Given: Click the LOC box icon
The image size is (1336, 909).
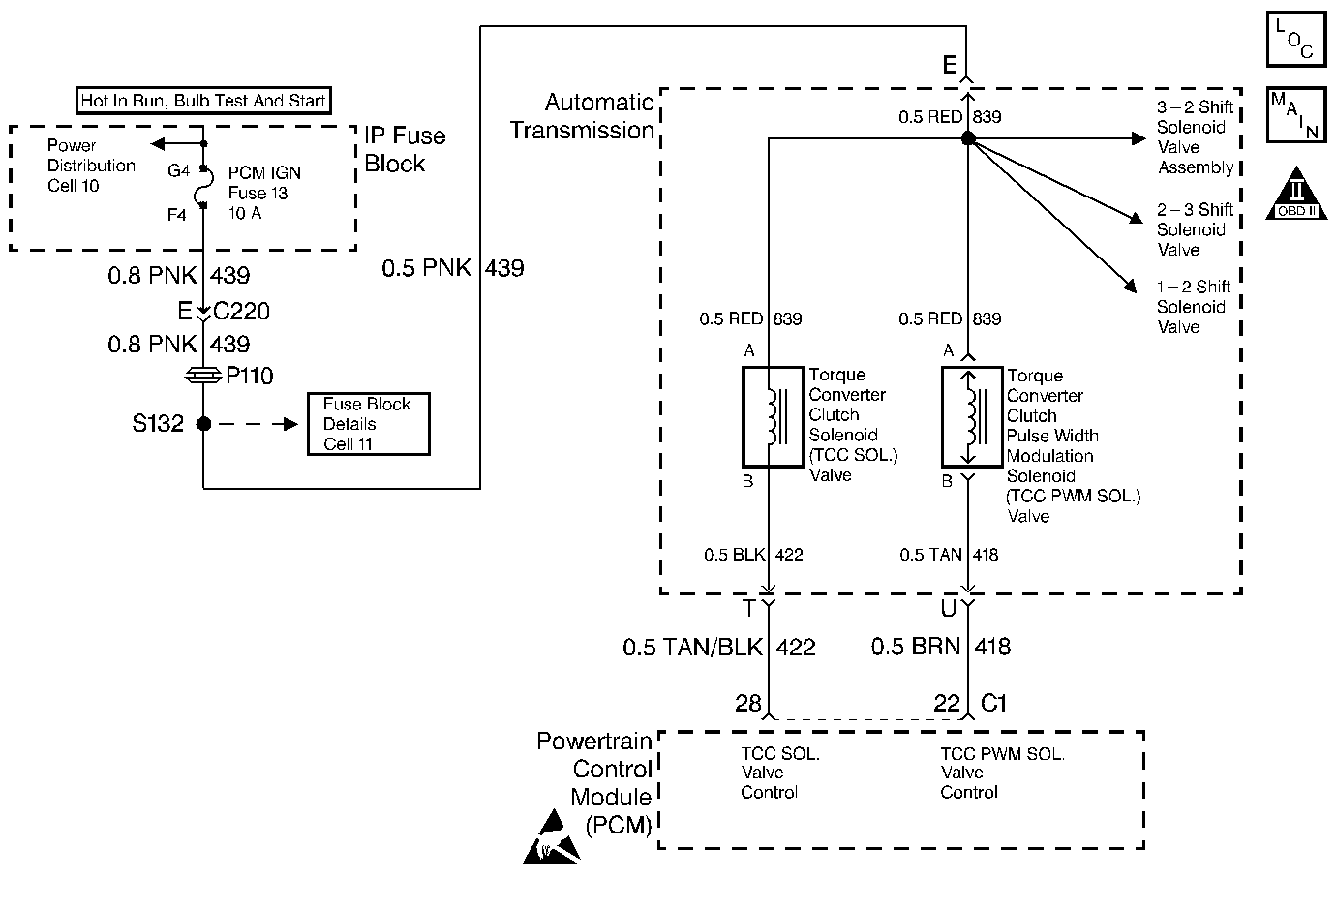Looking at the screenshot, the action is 1296,39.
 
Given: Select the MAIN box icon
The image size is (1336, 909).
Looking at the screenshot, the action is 1296,114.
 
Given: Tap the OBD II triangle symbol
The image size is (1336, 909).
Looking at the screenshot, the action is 1296,193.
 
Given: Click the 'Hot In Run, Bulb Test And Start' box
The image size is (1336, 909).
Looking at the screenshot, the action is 203,101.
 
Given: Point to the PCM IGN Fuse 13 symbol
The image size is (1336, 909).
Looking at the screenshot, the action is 204,187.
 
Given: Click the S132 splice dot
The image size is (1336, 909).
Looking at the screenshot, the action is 204,423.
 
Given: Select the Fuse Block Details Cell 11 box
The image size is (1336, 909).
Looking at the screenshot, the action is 369,424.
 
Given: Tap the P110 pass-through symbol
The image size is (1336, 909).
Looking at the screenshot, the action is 203,376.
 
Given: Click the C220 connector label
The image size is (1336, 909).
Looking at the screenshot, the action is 242,311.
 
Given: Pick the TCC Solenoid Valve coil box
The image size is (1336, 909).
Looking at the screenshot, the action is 773,416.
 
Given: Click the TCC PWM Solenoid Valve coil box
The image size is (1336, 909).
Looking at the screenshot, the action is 972,416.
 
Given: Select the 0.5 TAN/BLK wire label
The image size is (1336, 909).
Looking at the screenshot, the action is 692,648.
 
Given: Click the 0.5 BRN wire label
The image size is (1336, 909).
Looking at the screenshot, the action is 916,647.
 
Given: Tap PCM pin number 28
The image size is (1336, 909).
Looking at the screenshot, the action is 748,703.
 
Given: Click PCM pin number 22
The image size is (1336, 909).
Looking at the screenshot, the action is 947,703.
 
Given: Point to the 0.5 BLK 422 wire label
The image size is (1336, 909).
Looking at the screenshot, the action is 753,555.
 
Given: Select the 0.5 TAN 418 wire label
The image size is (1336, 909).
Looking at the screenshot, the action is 949,555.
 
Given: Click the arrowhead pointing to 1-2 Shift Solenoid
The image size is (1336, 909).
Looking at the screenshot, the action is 1129,286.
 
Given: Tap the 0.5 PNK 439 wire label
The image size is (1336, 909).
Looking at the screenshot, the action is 453,268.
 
